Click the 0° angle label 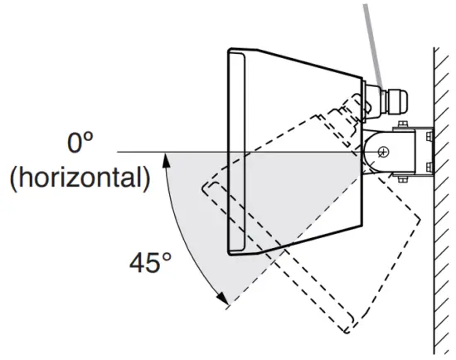[80, 142]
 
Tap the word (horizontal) [80, 178]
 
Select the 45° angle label [150, 262]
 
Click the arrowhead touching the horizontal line [166, 160]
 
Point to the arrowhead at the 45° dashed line [223, 299]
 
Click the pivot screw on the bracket [384, 152]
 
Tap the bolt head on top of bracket [402, 124]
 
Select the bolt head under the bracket [402, 179]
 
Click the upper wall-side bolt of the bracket [429, 136]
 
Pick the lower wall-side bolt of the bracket [429, 168]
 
